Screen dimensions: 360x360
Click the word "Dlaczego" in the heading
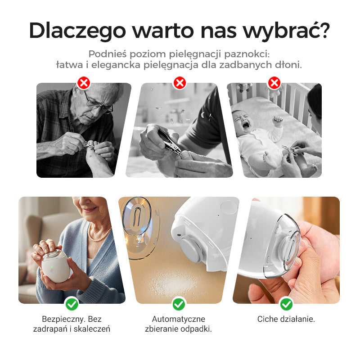76,31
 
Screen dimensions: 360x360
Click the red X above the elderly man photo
84,83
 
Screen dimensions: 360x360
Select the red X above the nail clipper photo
180,83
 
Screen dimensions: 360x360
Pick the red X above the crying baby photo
274,83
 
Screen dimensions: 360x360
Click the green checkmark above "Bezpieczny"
72,304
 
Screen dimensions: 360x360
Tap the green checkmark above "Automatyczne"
179,304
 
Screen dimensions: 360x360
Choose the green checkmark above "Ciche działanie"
286,304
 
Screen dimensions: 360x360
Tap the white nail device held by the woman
56,266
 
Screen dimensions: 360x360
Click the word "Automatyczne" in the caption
179,319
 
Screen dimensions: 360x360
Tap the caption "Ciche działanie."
286,319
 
